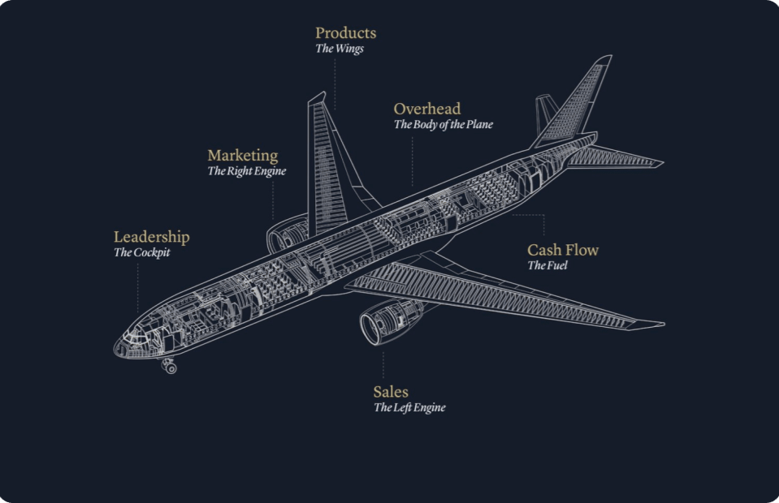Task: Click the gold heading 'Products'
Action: coord(345,33)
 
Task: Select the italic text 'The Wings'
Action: coord(340,49)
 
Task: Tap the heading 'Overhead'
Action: coord(427,109)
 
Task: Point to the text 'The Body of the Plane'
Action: coord(444,125)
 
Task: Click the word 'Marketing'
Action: coord(242,155)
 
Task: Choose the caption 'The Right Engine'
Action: coord(247,171)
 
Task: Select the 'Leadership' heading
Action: coord(151,237)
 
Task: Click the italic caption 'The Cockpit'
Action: coord(142,252)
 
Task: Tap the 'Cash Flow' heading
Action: coord(563,250)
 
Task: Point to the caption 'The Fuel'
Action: coord(547,265)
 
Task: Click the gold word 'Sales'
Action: coord(391,392)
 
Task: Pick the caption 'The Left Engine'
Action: coord(409,408)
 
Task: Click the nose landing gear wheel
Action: coord(171,368)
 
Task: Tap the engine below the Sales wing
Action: coord(380,323)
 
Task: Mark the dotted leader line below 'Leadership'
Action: coord(137,284)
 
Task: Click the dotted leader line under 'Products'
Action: coord(335,81)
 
